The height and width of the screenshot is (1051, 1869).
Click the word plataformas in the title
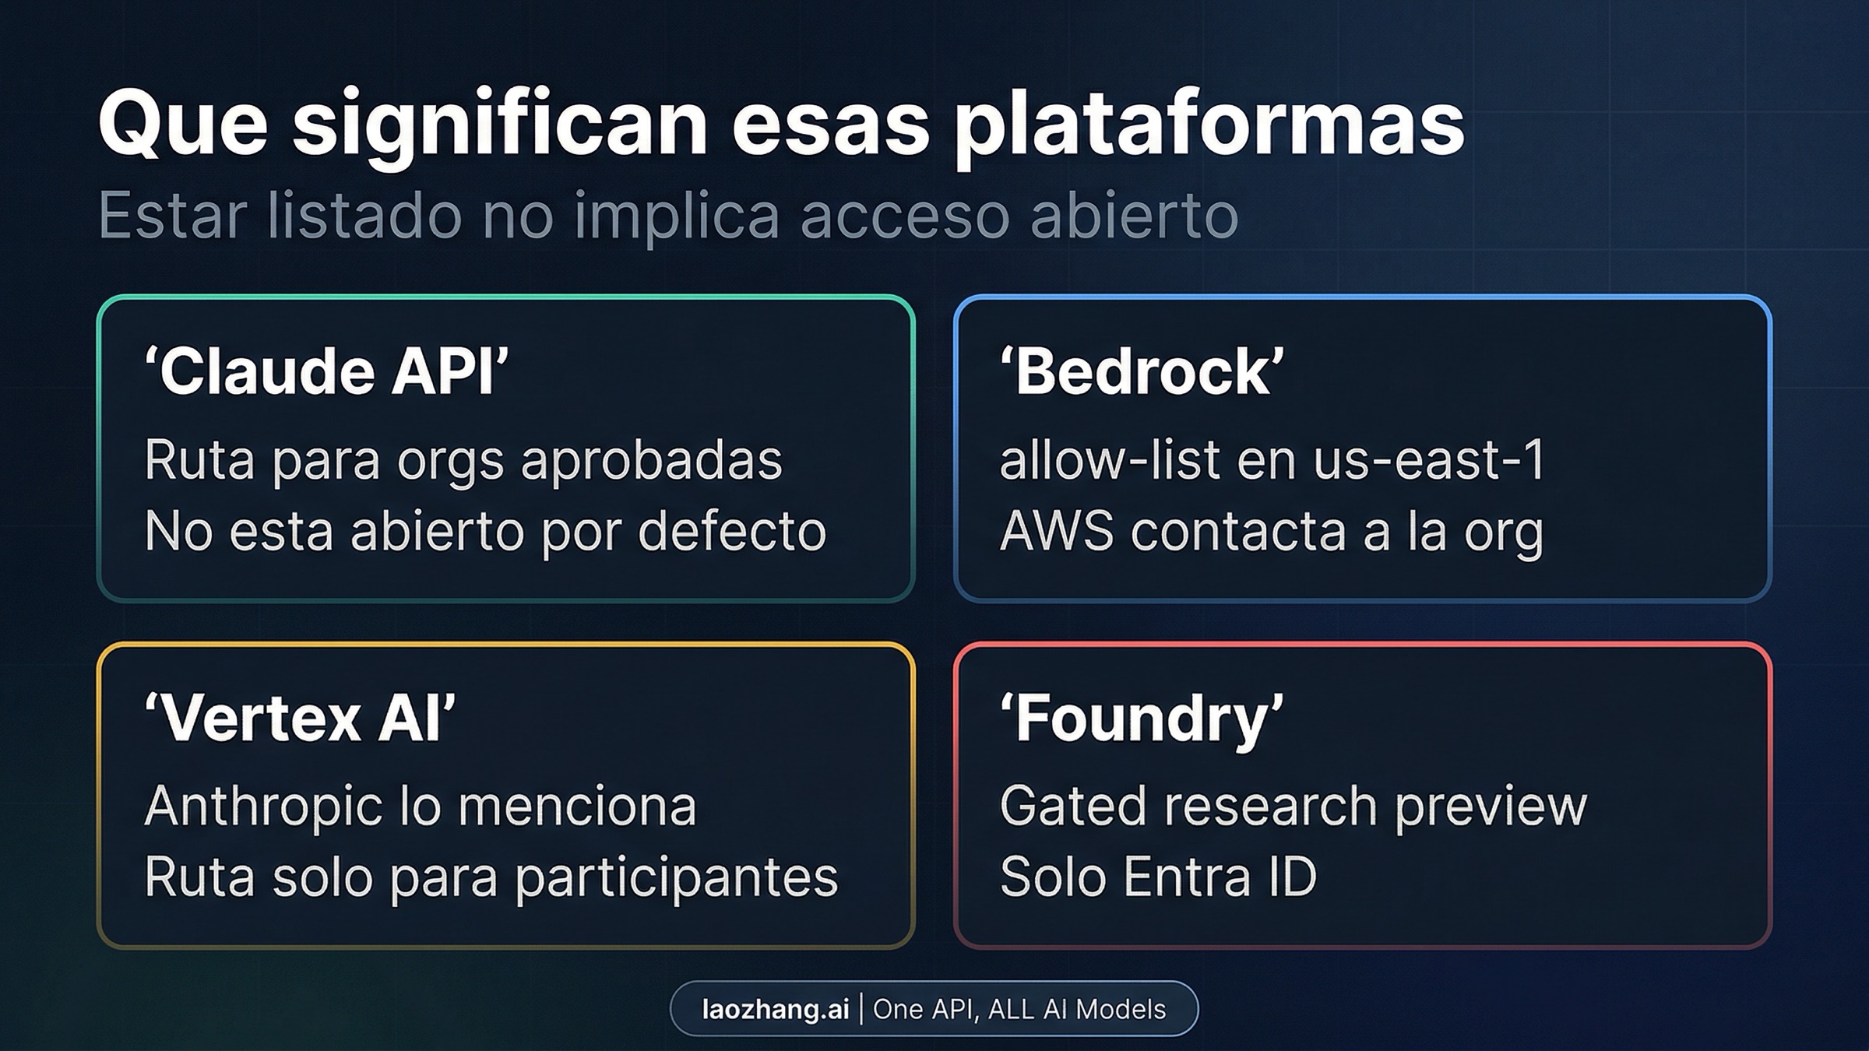[x=1209, y=125]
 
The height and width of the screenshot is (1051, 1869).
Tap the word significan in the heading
[x=499, y=125]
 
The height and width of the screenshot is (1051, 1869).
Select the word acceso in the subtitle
[x=903, y=215]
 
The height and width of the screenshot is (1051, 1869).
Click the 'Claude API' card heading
[x=326, y=371]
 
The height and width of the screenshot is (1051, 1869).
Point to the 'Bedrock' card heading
[x=1142, y=371]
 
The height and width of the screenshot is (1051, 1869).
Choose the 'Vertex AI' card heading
[x=300, y=719]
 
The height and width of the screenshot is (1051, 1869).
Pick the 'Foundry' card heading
[x=1142, y=719]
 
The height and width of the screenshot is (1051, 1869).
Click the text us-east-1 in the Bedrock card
[x=1429, y=459]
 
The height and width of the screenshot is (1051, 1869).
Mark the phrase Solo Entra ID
[x=1158, y=877]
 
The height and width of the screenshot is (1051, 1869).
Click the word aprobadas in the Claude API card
[x=651, y=459]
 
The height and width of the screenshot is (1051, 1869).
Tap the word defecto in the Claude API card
[x=731, y=532]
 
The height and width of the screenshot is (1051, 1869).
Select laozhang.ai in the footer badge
[x=775, y=1010]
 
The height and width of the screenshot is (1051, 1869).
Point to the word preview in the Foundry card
[x=1490, y=806]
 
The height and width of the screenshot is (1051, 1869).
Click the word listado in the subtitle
[x=364, y=215]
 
